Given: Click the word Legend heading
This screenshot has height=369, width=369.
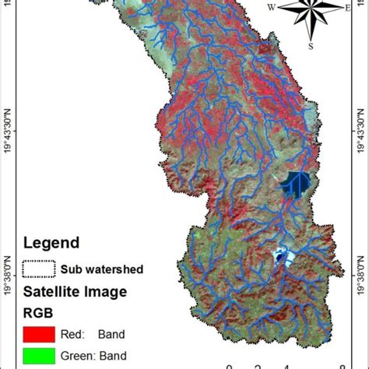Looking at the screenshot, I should [51, 243].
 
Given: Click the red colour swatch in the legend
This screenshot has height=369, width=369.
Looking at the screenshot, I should [39, 336].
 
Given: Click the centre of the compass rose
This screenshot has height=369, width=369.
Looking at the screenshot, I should [310, 9].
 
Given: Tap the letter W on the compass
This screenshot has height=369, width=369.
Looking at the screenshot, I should [272, 9].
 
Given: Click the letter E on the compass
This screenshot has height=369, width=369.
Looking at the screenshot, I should [347, 9].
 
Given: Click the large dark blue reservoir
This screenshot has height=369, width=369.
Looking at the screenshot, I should [294, 182].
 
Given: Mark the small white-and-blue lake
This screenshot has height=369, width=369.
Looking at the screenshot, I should [279, 254].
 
